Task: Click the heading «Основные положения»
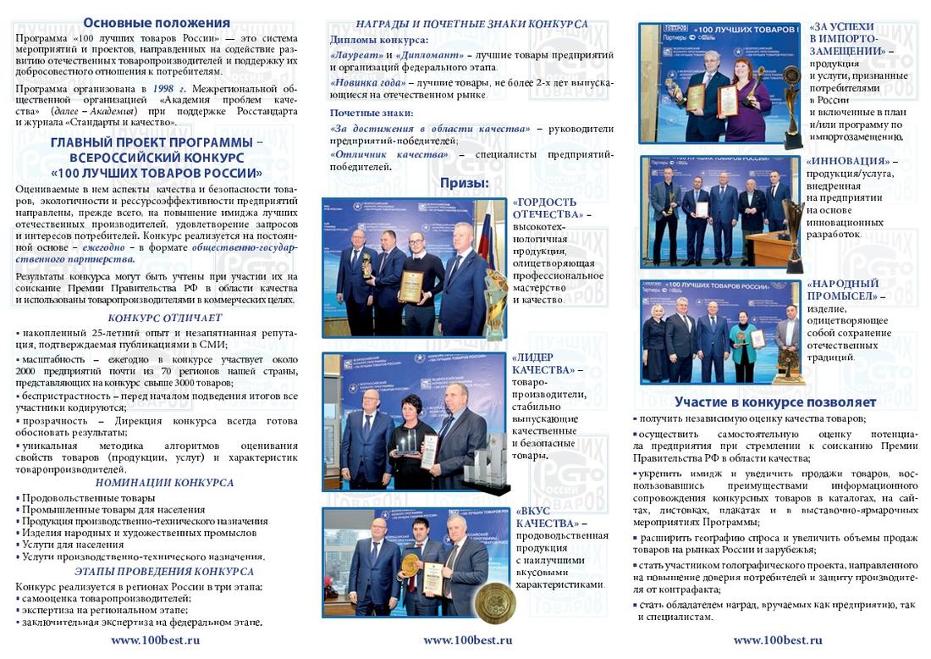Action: (x=157, y=23)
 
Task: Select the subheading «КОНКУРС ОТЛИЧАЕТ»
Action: (x=165, y=318)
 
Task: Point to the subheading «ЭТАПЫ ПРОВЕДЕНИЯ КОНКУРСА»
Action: (x=164, y=572)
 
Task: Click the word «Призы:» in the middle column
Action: (x=464, y=183)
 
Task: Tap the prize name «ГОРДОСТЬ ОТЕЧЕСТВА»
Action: (x=545, y=208)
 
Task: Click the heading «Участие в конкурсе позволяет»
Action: (x=774, y=402)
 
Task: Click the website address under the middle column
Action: (x=467, y=640)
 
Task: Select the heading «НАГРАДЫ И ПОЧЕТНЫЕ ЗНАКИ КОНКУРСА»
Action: (x=471, y=24)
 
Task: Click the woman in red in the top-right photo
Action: (x=747, y=93)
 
